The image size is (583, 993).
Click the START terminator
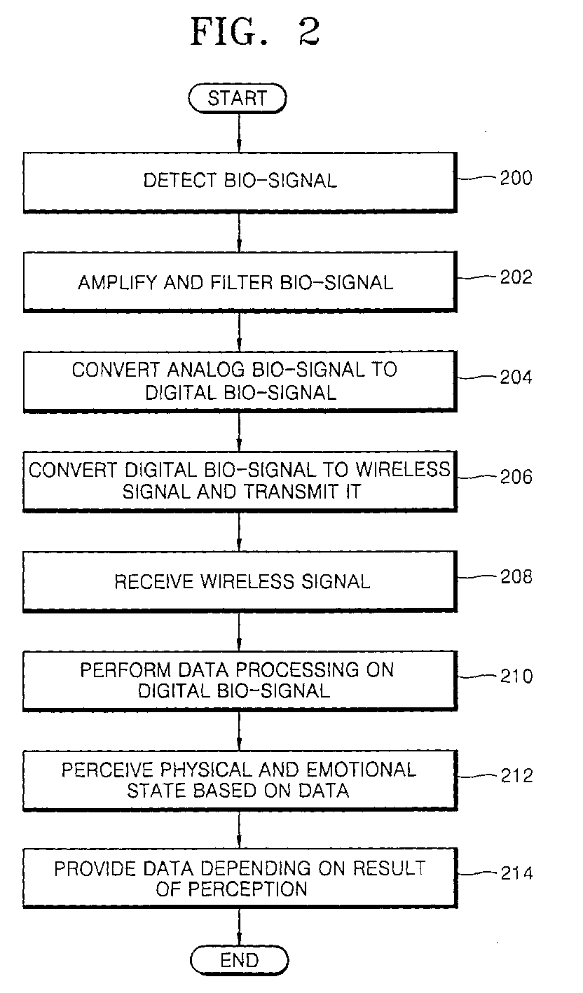[x=238, y=99]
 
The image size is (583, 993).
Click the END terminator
[x=239, y=960]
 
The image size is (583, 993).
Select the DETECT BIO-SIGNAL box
[x=240, y=181]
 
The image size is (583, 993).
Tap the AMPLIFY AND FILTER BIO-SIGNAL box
[x=240, y=282]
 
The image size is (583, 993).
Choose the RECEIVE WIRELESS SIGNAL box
[x=240, y=581]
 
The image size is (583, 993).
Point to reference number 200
[x=516, y=178]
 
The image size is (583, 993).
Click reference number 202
[x=516, y=277]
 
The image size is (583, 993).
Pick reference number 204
[x=516, y=377]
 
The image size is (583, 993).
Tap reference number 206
[x=516, y=477]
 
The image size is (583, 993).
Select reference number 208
[x=516, y=576]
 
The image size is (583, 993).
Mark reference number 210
[x=516, y=676]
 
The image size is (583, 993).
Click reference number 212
[x=516, y=776]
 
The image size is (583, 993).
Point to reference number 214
[x=516, y=873]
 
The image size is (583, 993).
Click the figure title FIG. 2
[x=255, y=32]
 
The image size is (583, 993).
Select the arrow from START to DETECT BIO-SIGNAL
[x=239, y=129]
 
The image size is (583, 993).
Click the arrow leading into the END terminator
[x=239, y=929]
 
